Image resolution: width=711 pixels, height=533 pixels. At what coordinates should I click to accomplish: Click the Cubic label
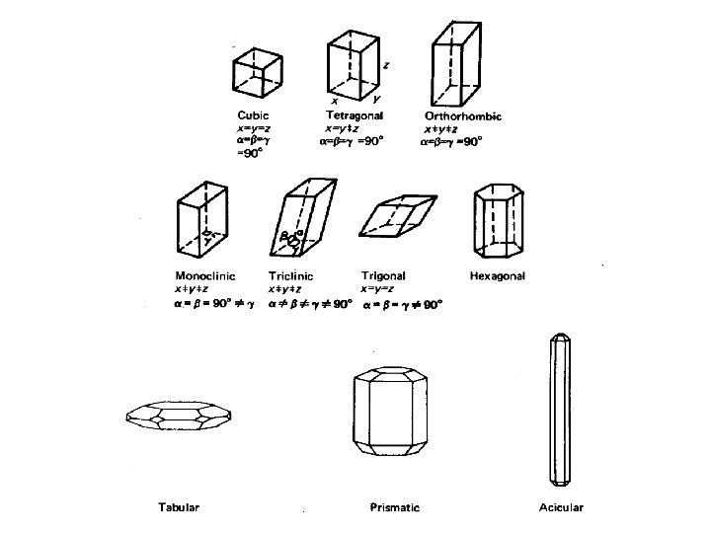click(253, 115)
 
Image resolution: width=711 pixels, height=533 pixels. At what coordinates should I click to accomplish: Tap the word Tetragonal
click(355, 115)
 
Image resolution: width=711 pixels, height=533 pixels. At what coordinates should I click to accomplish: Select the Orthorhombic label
click(464, 115)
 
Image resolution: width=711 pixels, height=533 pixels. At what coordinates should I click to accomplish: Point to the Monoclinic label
click(205, 275)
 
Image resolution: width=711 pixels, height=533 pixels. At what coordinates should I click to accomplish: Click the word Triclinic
click(291, 275)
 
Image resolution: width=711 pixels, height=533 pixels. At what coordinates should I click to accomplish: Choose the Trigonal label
click(383, 275)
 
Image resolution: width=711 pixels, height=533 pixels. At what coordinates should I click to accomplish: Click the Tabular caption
click(179, 507)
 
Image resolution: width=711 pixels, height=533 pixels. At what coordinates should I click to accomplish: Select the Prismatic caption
click(394, 507)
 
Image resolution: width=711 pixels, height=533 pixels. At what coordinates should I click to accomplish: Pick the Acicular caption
click(561, 507)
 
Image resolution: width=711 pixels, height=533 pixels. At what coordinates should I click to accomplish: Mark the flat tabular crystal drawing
click(180, 419)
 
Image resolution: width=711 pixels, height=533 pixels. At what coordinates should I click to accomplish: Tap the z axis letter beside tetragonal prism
click(386, 64)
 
